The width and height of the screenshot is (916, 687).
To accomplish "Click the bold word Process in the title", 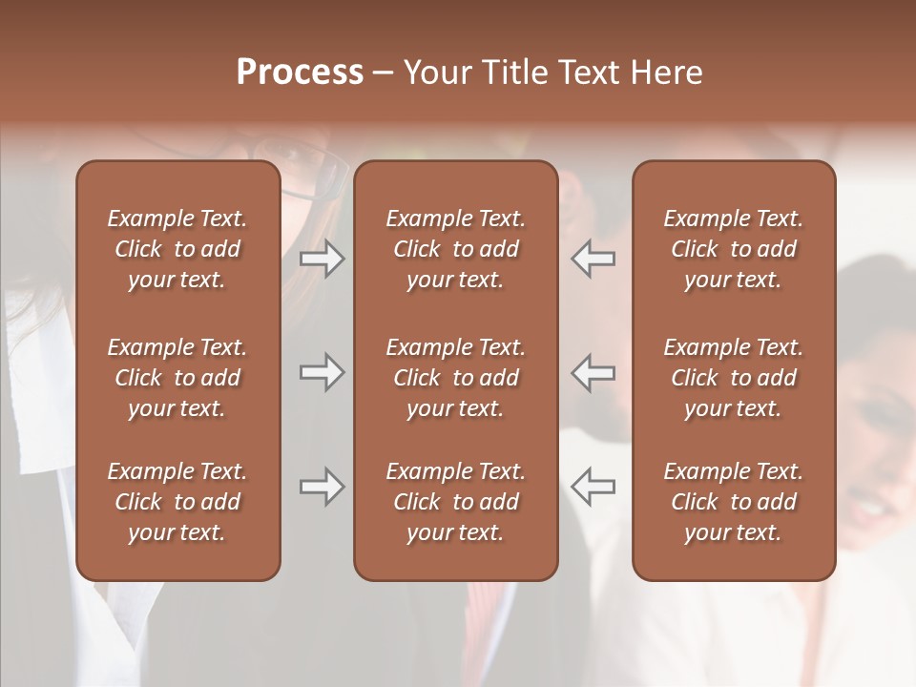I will pyautogui.click(x=300, y=73).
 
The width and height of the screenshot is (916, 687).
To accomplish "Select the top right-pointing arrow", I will pyautogui.click(x=322, y=259).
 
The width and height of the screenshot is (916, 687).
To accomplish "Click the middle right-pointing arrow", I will pyautogui.click(x=322, y=372).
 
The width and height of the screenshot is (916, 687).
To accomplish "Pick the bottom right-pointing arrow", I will pyautogui.click(x=322, y=487).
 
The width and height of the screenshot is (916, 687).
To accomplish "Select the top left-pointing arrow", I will pyautogui.click(x=593, y=259).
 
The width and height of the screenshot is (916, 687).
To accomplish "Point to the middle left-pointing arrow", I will pyautogui.click(x=593, y=372).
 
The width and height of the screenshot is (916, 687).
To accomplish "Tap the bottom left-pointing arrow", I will pyautogui.click(x=593, y=487).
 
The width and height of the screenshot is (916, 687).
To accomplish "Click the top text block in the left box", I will pyautogui.click(x=177, y=249).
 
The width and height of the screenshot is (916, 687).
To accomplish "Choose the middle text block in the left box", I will pyautogui.click(x=177, y=378).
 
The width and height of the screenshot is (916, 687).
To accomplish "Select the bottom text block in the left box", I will pyautogui.click(x=177, y=502).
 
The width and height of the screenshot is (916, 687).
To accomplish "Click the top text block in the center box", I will pyautogui.click(x=455, y=249).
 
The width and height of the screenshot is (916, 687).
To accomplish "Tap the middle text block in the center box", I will pyautogui.click(x=455, y=378).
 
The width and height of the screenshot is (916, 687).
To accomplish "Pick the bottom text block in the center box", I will pyautogui.click(x=455, y=502).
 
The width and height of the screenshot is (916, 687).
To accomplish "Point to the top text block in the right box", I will pyautogui.click(x=733, y=249).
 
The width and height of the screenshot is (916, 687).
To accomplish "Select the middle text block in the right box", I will pyautogui.click(x=733, y=378).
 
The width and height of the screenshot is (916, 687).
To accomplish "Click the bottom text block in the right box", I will pyautogui.click(x=733, y=502).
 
